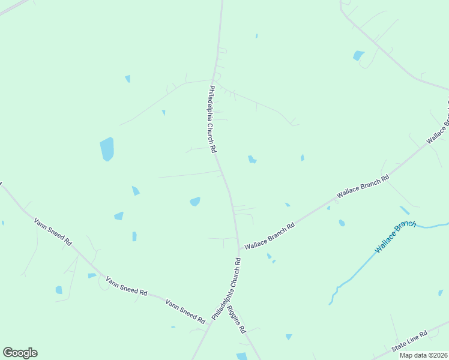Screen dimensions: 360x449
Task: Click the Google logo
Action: tap(20, 353)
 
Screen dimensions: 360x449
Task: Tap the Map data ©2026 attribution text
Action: tap(423, 355)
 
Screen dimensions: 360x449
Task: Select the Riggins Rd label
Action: tap(238, 321)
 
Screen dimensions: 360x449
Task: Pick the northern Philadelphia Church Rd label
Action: tap(212, 119)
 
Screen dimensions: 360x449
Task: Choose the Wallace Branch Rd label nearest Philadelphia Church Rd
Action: tap(269, 236)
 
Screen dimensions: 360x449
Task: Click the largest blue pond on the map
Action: tap(107, 149)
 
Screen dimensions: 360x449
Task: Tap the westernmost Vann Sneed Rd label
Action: tap(53, 232)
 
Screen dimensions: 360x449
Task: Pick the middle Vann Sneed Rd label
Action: tap(126, 286)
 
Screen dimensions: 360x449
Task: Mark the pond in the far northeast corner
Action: tap(358, 55)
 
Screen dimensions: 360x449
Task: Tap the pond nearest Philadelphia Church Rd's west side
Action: tap(195, 202)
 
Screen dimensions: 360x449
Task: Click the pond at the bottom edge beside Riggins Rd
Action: tap(242, 356)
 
